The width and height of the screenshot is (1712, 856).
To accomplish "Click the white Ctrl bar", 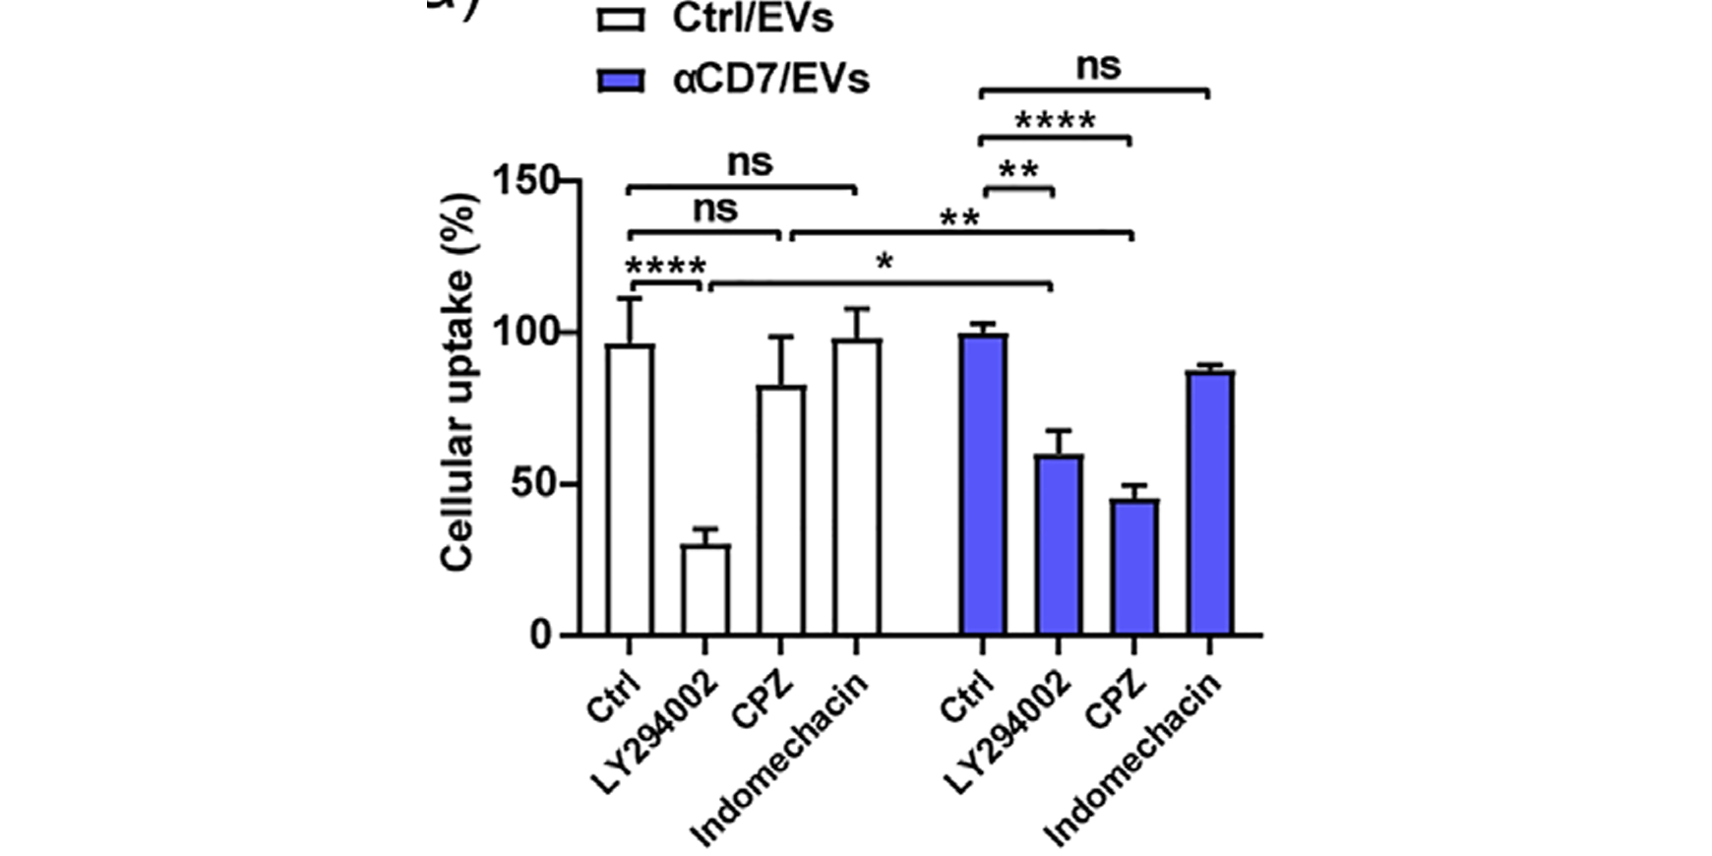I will coord(630,490).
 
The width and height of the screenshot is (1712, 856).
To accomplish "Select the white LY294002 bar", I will coord(705,590).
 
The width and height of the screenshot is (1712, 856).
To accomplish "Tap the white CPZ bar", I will coord(781,511).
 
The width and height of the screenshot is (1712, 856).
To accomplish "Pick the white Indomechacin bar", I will coord(857,487).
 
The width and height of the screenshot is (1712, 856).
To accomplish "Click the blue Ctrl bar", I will coord(982,485).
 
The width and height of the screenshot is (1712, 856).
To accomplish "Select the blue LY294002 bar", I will coord(1058,545).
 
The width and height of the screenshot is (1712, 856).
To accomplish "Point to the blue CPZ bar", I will coord(1133,568).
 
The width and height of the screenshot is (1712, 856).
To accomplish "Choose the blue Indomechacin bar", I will coord(1209,503).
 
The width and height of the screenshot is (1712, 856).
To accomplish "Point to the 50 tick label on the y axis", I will coord(537,485).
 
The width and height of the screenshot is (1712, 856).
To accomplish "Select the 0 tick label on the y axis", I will coord(542,636).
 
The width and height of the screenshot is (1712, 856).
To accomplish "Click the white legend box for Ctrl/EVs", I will coord(621,19).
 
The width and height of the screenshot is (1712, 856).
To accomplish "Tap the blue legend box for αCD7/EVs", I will coord(621,80).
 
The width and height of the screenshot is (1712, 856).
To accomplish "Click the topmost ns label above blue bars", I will coord(1097,67).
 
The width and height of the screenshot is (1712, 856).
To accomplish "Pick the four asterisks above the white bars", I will coord(666,268).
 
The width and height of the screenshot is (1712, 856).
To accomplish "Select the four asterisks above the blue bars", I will coord(1055,123).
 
